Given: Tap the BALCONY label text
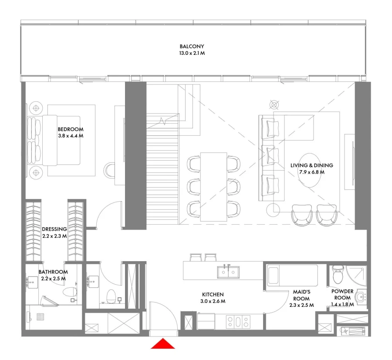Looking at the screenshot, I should pyautogui.click(x=192, y=46).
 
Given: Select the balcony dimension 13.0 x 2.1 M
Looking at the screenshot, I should pyautogui.click(x=192, y=54).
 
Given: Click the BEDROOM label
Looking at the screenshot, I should pyautogui.click(x=70, y=129).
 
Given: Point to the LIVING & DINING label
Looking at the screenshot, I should pyautogui.click(x=311, y=165).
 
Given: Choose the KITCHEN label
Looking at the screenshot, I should pyautogui.click(x=213, y=294).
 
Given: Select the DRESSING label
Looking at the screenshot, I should pyautogui.click(x=54, y=229).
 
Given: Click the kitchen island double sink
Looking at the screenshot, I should pyautogui.click(x=228, y=272).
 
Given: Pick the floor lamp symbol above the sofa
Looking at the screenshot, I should pyautogui.click(x=274, y=104).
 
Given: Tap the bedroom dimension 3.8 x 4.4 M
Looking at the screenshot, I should pyautogui.click(x=70, y=136).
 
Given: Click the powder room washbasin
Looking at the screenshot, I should pyautogui.click(x=359, y=297).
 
